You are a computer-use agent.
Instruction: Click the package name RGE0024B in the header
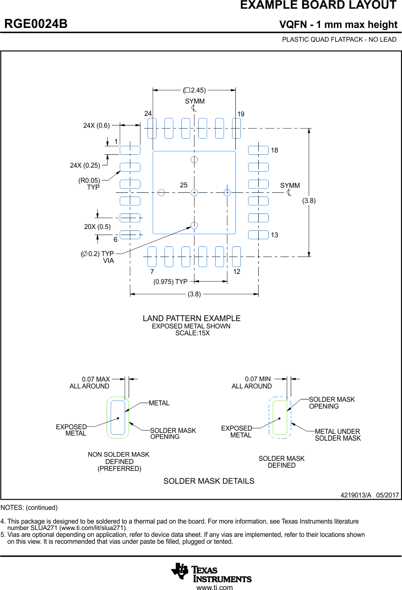36,24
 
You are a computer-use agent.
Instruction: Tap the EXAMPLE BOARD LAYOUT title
318,5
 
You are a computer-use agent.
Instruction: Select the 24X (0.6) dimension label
97,126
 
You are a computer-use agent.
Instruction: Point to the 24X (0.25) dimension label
85,165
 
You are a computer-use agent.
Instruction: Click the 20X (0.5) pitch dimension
98,227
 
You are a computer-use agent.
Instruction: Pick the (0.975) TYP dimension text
170,282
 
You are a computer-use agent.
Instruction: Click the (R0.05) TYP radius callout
89,184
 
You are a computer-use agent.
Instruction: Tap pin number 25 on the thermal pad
184,185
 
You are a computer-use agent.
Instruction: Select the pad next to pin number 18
258,150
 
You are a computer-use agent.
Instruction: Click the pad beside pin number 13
258,235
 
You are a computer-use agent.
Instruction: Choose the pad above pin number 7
152,257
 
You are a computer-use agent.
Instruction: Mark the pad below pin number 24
152,128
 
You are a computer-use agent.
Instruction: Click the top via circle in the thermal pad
194,159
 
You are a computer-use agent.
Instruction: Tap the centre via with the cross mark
194,192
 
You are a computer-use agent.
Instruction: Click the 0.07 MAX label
96,379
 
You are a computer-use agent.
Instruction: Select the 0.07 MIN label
258,379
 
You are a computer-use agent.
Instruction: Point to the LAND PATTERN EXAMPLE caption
191,318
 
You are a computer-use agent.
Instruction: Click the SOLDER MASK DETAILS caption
209,481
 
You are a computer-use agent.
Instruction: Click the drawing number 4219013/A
356,495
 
